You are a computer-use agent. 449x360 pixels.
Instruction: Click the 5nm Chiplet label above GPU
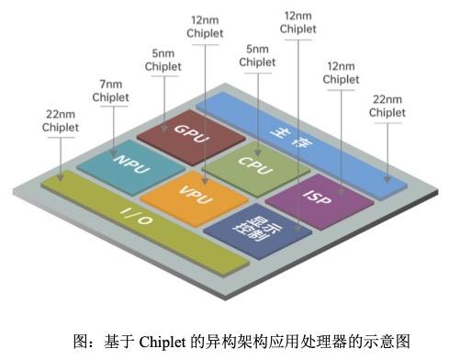click(163, 61)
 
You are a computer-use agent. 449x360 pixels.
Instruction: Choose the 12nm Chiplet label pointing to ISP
click(341, 73)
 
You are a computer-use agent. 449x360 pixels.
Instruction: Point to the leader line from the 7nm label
click(112, 124)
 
